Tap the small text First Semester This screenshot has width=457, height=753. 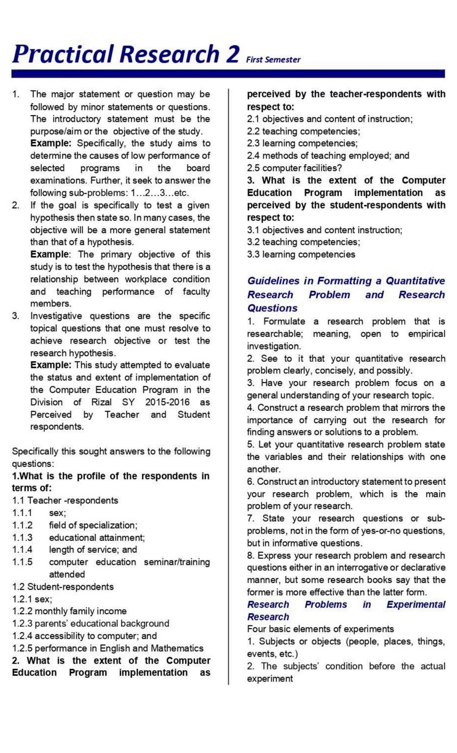coord(273,60)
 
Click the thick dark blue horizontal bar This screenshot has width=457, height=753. coord(228,74)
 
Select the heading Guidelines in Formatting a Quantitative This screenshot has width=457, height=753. coord(346,281)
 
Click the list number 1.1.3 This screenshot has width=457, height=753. coord(22,538)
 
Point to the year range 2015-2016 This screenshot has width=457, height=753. coord(167,402)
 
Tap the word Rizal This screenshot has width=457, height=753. coord(102,402)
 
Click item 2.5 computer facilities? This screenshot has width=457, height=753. coord(294,168)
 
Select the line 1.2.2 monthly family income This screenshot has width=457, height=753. coord(69,611)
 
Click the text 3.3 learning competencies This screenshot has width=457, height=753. coord(301,254)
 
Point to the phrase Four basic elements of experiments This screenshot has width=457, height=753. coord(320,629)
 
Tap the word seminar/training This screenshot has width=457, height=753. coord(177,562)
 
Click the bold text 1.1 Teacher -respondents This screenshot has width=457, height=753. coord(65,500)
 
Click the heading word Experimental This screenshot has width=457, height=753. coord(416,604)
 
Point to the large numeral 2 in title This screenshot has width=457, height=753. coord(232,54)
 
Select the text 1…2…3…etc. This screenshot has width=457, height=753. coord(160,193)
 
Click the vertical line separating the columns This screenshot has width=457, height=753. coord(228,381)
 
